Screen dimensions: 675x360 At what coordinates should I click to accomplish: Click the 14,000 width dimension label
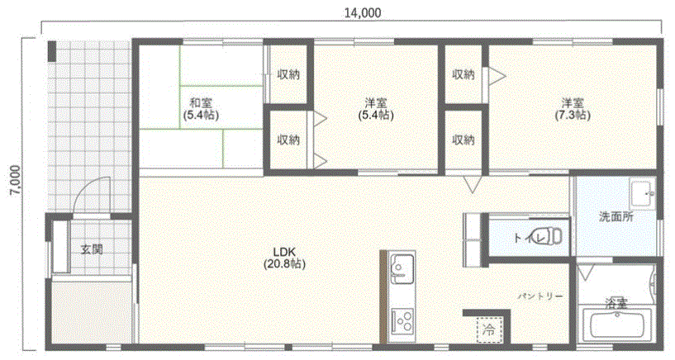pos(363,13)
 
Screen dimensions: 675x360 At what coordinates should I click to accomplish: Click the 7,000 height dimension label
pos(15,181)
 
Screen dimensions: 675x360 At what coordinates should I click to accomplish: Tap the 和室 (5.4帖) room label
pos(201,109)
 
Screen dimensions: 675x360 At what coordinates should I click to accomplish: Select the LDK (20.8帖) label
pos(284,258)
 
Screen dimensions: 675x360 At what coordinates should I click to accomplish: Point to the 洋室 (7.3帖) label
pos(572,109)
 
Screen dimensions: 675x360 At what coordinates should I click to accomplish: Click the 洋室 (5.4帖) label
pos(376,109)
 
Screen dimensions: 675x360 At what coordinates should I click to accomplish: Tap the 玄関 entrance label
pos(92,249)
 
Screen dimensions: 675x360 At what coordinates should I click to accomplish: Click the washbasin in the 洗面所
pos(643,193)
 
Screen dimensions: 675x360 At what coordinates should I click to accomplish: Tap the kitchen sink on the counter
pos(402,269)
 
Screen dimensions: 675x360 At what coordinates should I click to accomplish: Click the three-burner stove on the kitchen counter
pos(402,320)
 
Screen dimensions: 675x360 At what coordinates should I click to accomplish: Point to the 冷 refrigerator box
pos(489,330)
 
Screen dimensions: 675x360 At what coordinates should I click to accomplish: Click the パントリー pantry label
pos(540,296)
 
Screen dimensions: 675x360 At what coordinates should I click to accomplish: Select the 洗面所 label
pos(616,217)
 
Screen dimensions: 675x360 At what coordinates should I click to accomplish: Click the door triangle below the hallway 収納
pos(473,184)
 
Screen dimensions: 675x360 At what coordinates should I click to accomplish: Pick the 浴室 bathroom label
pos(616,303)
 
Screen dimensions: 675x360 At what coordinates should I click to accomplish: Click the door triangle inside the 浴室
pos(586,272)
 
